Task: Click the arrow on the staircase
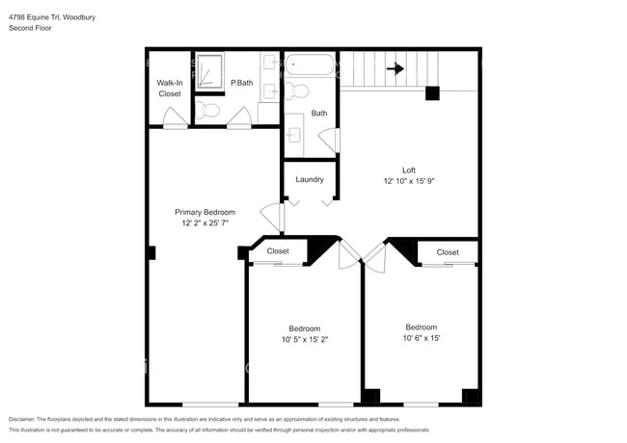395,68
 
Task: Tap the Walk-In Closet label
169,89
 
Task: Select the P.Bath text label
240,85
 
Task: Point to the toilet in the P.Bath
212,112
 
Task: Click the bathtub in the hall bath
310,66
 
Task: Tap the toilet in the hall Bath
298,91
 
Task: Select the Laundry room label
310,179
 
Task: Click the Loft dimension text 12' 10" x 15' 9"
416,181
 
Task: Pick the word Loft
409,169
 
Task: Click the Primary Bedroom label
204,212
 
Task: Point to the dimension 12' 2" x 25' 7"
204,222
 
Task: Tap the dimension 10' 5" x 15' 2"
305,339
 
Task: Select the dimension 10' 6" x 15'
421,338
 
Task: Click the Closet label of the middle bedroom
278,251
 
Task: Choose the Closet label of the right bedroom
448,252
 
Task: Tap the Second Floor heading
31,28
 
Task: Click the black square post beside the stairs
432,93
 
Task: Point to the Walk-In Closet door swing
174,119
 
